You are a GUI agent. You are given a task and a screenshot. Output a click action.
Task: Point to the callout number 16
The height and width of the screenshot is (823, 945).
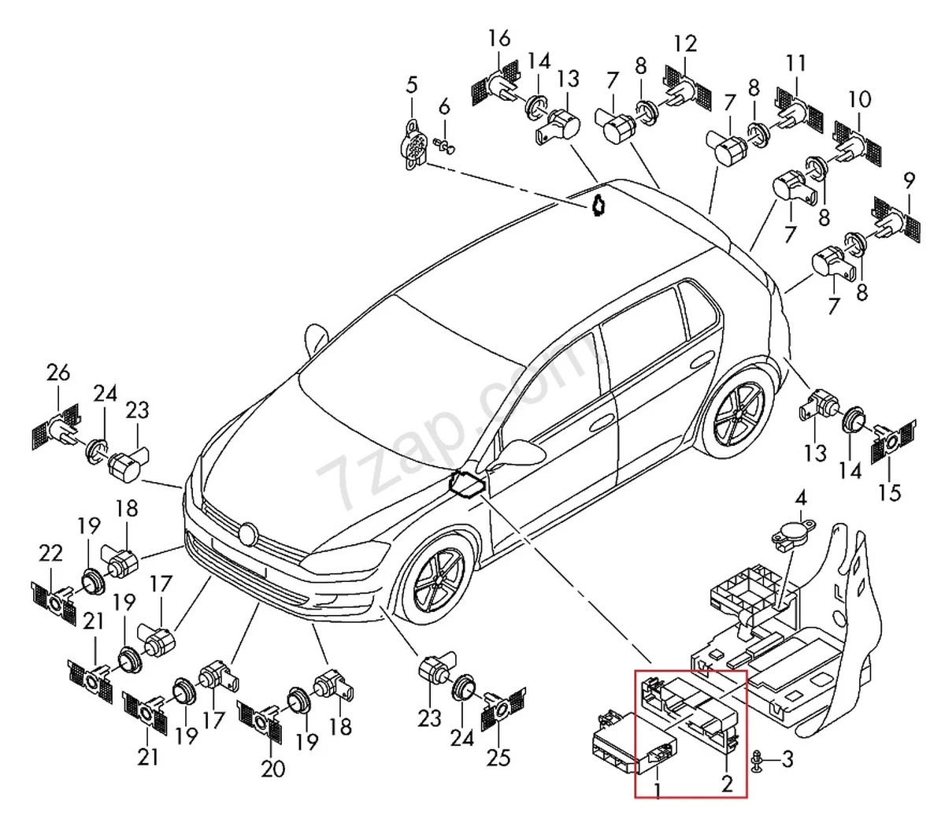(x=499, y=37)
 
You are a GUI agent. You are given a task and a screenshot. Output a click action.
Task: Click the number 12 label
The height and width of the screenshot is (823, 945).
(x=685, y=43)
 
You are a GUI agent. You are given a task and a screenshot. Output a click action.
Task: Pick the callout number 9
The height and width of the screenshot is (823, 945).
(x=909, y=180)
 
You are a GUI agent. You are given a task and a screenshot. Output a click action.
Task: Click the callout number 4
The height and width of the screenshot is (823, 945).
(x=800, y=498)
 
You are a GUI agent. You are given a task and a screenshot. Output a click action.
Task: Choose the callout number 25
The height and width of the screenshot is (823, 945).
(x=498, y=757)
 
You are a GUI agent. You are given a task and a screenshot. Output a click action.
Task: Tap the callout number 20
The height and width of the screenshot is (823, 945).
(x=272, y=769)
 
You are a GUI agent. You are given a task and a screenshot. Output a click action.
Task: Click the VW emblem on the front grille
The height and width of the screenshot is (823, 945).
(x=250, y=535)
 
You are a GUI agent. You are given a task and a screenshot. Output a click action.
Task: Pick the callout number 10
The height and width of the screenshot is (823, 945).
(x=860, y=99)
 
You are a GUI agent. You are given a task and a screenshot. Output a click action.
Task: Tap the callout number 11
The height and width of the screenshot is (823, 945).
(x=796, y=62)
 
